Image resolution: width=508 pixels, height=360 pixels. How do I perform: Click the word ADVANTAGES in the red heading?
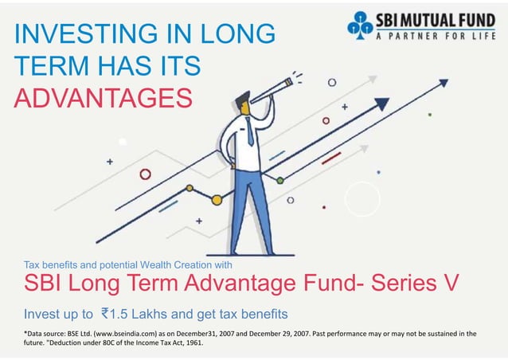tap(104, 98)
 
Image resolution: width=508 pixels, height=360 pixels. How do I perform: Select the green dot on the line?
tap(280, 181)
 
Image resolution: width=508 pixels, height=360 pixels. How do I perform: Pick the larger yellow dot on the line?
tap(190, 189)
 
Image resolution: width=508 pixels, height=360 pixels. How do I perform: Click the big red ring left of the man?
tap(145, 174)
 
